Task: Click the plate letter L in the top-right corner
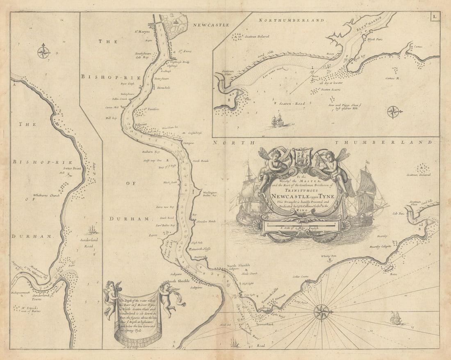[x=434, y=16]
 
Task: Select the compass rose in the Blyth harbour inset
[x=394, y=111]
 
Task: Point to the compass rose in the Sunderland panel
[x=43, y=52]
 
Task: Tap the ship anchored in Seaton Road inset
[x=277, y=120]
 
